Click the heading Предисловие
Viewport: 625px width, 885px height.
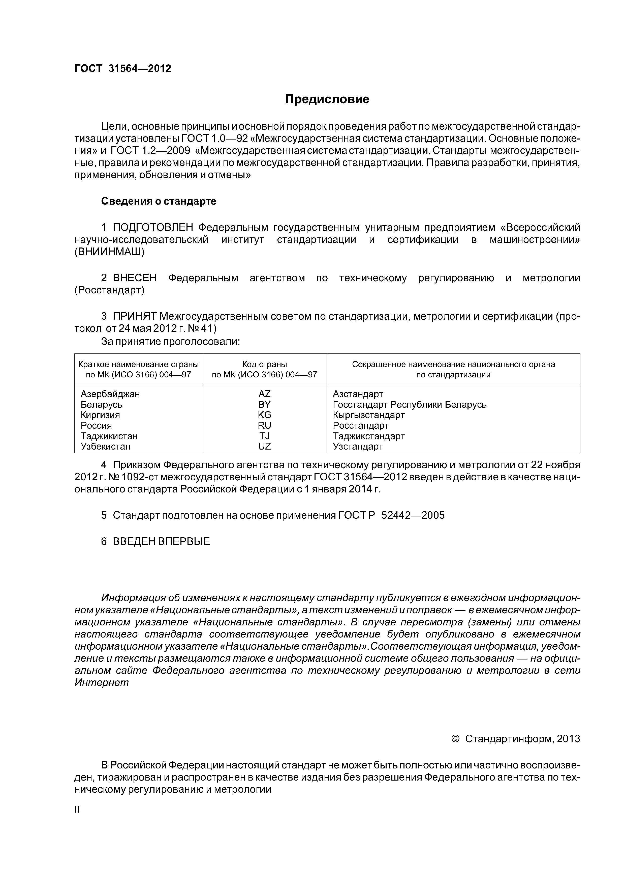[x=327, y=99]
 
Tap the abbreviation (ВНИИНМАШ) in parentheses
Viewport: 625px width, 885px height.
[x=109, y=252]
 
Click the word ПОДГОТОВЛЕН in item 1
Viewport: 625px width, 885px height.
[x=155, y=227]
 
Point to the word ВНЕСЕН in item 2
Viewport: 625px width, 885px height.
[x=135, y=278]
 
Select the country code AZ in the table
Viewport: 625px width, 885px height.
[x=265, y=394]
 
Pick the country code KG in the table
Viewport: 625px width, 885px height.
[x=265, y=415]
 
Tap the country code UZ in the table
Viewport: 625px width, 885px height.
[x=265, y=446]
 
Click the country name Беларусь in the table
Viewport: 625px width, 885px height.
[x=101, y=404]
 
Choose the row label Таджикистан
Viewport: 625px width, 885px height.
[x=109, y=436]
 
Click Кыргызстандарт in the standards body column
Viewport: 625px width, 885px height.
[x=368, y=415]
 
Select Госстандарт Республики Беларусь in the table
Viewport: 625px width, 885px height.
[x=409, y=404]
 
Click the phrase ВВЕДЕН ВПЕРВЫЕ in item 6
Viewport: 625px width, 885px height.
[x=161, y=541]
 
